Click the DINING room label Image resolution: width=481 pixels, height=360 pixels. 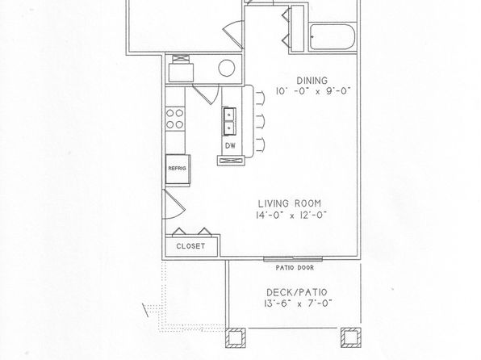click(312, 81)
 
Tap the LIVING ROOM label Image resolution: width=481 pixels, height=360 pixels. click(289, 203)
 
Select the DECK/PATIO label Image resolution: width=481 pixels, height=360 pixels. click(297, 292)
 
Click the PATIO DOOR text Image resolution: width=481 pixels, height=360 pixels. click(295, 268)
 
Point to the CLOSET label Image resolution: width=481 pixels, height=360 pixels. click(190, 246)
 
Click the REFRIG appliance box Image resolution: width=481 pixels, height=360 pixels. click(178, 170)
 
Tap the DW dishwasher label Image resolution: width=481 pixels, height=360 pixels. click(230, 146)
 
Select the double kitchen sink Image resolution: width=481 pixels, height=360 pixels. click(229, 122)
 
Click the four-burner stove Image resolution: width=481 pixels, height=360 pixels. click(175, 119)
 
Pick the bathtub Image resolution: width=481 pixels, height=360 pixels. click(333, 36)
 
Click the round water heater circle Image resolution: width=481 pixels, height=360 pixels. click(227, 68)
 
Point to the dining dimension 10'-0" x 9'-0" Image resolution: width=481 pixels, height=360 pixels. click(312, 91)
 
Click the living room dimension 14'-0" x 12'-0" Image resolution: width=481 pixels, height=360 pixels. click(291, 216)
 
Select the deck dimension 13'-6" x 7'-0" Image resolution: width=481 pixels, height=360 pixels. click(298, 303)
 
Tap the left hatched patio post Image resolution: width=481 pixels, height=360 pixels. click(236, 337)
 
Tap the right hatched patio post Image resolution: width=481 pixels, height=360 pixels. click(351, 337)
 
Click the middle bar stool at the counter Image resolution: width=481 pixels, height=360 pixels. click(260, 122)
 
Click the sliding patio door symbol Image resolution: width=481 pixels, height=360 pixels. click(293, 259)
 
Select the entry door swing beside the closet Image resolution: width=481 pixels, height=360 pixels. click(174, 204)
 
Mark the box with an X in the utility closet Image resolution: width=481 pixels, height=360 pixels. click(178, 59)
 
